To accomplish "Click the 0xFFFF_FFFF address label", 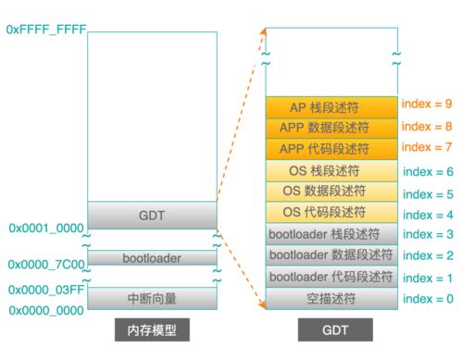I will point(45,31).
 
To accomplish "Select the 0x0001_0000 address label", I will point(47,228).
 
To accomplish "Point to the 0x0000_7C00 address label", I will point(47,265).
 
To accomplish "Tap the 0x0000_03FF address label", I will point(47,290).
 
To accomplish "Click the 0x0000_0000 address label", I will point(47,311).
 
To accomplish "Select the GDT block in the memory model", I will point(152,215).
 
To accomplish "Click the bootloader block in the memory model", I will point(152,258).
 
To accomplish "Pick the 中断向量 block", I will point(152,298).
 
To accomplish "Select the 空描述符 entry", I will point(331,298).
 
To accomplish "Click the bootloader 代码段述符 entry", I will point(331,277).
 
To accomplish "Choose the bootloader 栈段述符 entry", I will point(331,234).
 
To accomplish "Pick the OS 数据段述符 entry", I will point(331,192).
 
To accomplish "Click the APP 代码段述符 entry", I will point(331,149).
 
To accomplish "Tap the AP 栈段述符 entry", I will point(331,106).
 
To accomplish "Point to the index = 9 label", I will point(427,105).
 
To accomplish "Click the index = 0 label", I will point(427,298).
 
